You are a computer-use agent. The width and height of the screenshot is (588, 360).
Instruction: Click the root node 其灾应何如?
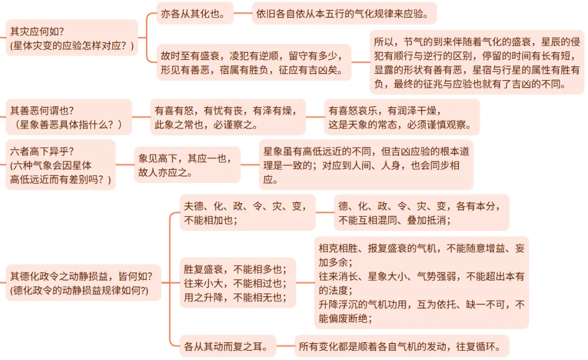(x=71, y=38)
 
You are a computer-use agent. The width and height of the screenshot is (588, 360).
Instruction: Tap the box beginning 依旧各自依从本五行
(x=346, y=14)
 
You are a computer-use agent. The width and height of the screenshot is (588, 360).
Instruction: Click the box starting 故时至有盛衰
(x=254, y=63)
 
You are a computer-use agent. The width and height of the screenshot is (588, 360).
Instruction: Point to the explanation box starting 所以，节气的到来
(x=477, y=63)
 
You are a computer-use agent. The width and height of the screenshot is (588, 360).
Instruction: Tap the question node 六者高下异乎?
(x=60, y=165)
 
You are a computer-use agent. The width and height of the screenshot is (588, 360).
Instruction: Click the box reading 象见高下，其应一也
(x=187, y=165)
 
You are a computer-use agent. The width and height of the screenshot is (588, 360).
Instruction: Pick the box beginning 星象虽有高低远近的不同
(x=365, y=165)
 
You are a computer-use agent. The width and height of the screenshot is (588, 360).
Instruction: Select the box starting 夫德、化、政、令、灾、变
(x=248, y=212)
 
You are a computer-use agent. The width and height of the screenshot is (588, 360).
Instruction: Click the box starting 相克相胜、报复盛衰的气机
(x=421, y=283)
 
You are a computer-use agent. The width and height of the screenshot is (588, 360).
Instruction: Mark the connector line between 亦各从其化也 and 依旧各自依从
(x=243, y=14)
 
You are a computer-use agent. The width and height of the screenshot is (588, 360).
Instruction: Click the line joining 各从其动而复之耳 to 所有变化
(x=286, y=345)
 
